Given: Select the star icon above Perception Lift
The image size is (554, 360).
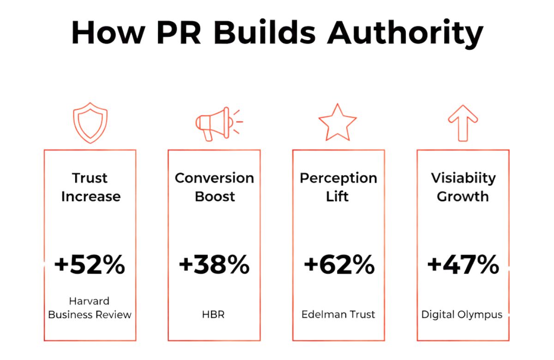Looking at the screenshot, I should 337,123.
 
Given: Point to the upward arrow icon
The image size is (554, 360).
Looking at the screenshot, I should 463,123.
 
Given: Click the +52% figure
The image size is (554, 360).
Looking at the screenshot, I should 90,265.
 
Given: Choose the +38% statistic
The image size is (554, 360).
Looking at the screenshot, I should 214,265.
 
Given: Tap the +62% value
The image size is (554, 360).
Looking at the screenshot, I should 339,265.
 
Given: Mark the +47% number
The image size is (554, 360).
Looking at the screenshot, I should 463,265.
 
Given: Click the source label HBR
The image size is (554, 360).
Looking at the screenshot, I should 214,315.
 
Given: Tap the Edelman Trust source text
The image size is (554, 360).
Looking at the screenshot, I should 338,315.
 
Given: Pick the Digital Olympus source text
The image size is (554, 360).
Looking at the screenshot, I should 462,315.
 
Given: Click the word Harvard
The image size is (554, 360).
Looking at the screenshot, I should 90,301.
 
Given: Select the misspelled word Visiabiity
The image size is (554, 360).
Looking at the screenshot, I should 463,178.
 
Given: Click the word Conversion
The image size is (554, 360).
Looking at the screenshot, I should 214,178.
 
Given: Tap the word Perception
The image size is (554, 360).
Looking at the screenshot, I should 338,178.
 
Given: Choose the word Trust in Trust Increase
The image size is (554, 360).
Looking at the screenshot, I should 90,178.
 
